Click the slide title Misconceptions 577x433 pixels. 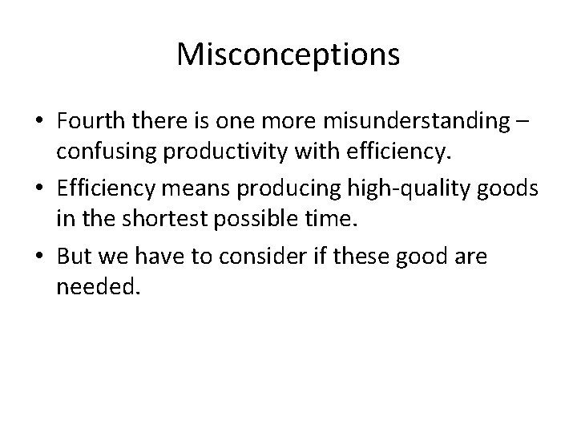point(288,55)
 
